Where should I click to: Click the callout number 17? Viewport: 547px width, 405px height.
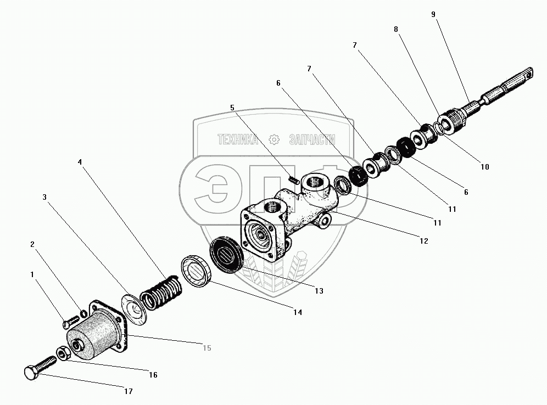coord(128,391)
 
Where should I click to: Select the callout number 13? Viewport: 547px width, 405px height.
coord(319,290)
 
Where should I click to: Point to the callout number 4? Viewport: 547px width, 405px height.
coord(80,162)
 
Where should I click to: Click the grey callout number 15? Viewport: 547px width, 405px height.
coord(206,348)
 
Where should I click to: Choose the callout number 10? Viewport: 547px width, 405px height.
coord(484,167)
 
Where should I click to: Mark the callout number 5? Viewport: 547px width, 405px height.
coord(232,108)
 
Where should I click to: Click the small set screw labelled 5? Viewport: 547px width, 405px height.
coord(294,179)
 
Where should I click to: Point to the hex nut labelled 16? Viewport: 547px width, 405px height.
coord(63,355)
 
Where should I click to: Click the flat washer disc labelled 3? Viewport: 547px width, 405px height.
coord(133,306)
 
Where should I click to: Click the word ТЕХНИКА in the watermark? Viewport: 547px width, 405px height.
coord(238,140)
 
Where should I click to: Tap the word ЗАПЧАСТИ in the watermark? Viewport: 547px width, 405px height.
coord(311,140)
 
